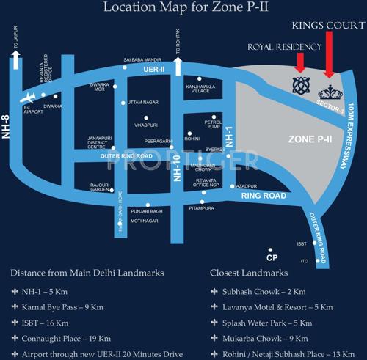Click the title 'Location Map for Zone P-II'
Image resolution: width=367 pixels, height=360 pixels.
coord(182,8)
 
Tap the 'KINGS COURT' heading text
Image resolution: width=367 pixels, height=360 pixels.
coord(327,26)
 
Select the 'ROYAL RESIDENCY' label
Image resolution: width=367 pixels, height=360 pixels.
coord(284,47)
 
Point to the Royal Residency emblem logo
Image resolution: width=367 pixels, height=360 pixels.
coord(299,85)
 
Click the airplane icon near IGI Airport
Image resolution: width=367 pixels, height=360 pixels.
coord(27,98)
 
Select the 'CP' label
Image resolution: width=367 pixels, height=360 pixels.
coord(272,258)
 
